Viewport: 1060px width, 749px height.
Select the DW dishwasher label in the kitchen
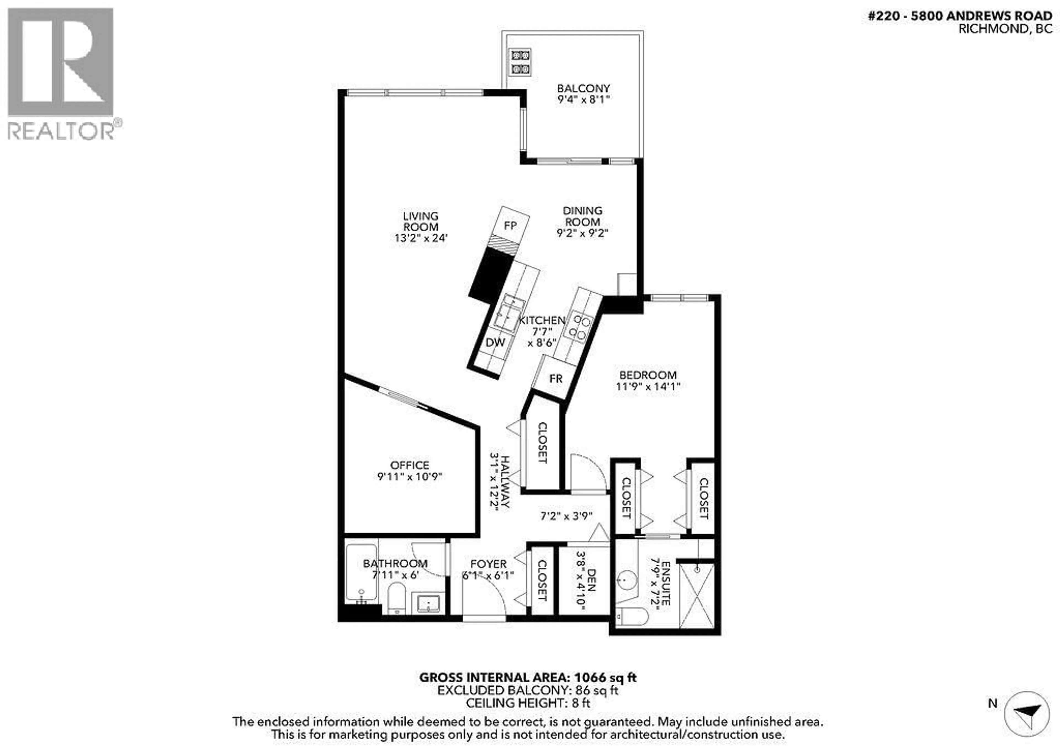coord(495,342)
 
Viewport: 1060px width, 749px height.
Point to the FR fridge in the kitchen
coord(556,379)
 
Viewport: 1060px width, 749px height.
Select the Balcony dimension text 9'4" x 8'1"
coord(584,99)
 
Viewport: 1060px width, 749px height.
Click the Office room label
coord(409,465)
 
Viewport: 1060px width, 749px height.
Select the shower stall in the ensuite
coord(697,596)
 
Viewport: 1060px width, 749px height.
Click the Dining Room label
coord(582,216)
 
